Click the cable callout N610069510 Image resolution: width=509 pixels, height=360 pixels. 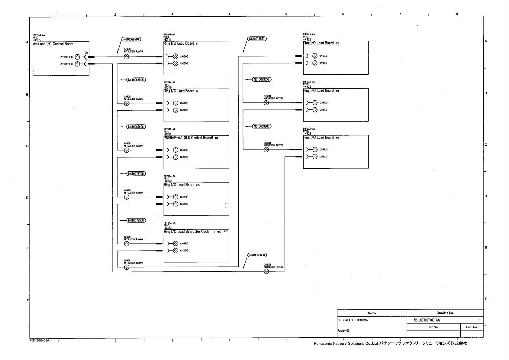[131, 39]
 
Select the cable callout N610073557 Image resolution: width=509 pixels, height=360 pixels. [257, 39]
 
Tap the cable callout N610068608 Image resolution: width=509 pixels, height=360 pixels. [257, 255]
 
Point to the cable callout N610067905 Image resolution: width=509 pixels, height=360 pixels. [136, 80]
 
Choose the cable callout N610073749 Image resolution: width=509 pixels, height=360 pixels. [136, 174]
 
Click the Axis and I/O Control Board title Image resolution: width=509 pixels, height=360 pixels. [53, 44]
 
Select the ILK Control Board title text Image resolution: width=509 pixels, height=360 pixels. [188, 138]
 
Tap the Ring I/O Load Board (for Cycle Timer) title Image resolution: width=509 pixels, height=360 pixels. [192, 232]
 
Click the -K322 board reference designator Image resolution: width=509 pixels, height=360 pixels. [307, 39]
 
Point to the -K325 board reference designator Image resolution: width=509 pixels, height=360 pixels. [307, 134]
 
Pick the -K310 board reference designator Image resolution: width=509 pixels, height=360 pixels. [168, 87]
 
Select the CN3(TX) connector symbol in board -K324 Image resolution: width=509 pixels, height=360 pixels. [315, 110]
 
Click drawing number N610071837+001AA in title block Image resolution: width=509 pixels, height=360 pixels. [427, 320]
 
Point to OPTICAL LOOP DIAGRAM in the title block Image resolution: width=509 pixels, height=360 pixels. [353, 320]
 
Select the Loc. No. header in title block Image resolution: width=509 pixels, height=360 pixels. [471, 327]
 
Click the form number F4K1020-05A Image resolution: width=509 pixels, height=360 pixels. [39, 340]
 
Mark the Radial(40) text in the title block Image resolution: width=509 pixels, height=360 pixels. [343, 331]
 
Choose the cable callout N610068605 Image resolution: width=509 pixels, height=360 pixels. [262, 126]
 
